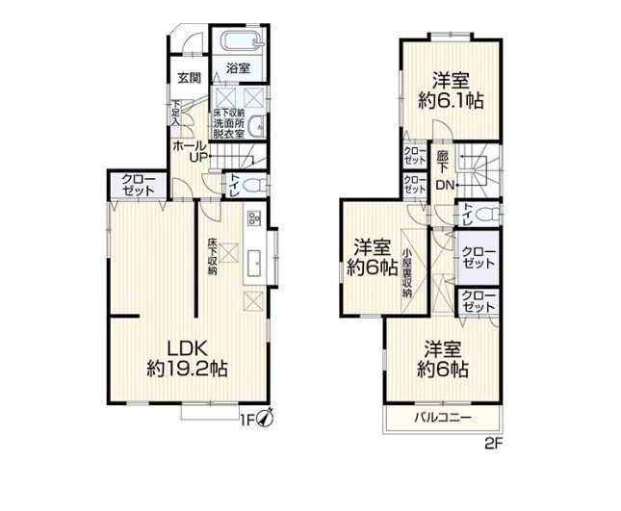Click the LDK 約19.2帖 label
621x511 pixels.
pyautogui.click(x=187, y=356)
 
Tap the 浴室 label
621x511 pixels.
pyautogui.click(x=238, y=68)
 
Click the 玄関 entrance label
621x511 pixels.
pyautogui.click(x=189, y=78)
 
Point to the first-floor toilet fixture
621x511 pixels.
pyautogui.click(x=251, y=185)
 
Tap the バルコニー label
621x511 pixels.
pyautogui.click(x=443, y=418)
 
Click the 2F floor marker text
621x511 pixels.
pyautogui.click(x=494, y=445)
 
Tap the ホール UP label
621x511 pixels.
pyautogui.click(x=187, y=150)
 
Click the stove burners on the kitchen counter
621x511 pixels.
pyautogui.click(x=255, y=217)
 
